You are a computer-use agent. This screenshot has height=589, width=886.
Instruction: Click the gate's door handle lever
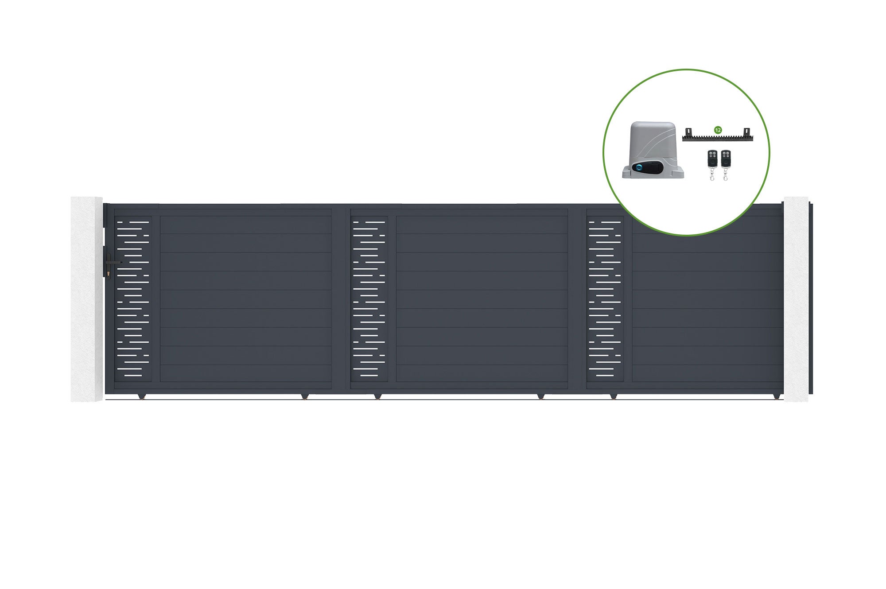click(114, 263)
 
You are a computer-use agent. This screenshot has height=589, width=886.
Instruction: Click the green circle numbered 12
click(718, 130)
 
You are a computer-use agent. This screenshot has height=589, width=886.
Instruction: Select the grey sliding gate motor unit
click(653, 150)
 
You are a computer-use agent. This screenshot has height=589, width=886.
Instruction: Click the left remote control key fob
click(712, 165)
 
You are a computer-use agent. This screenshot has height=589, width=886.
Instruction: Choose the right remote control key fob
click(726, 165)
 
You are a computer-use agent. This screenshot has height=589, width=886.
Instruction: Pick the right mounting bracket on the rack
click(746, 132)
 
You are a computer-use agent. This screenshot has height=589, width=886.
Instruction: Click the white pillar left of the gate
click(87, 299)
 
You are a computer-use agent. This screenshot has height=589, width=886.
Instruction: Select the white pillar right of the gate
click(796, 299)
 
